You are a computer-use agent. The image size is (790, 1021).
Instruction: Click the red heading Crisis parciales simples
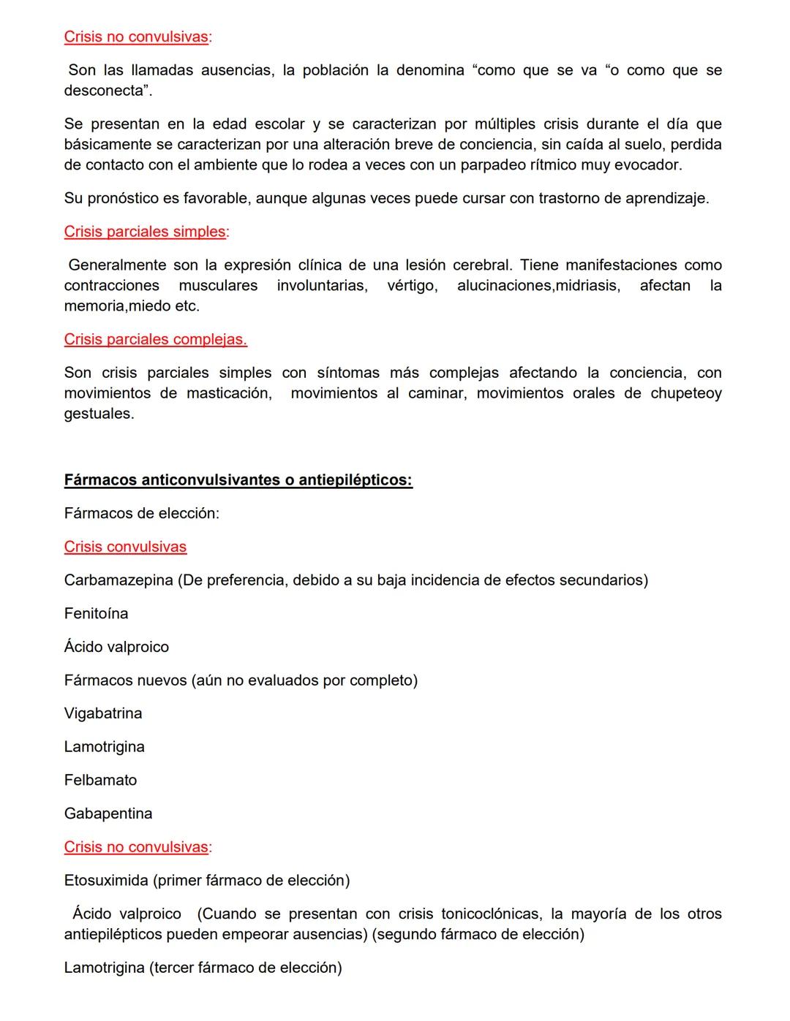(145, 232)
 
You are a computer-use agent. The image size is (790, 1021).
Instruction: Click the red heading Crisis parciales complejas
(155, 339)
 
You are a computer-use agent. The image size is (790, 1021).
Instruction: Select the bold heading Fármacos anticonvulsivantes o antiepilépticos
(238, 480)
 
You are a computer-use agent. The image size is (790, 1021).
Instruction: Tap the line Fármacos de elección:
(141, 513)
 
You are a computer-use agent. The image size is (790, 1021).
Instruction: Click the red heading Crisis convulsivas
(125, 547)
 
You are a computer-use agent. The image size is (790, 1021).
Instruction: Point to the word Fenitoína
(96, 613)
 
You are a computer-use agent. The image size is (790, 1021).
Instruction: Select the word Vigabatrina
(103, 713)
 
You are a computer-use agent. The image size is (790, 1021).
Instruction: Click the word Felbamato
(100, 780)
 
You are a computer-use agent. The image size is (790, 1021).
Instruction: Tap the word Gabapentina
(108, 813)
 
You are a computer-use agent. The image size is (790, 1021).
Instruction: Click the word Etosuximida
(106, 880)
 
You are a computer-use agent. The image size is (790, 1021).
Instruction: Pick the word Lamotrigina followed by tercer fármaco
(104, 968)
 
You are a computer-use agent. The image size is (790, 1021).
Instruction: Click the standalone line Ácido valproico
(116, 647)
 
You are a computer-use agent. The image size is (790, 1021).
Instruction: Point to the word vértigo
(412, 285)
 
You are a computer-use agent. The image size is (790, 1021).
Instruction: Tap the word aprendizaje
(666, 198)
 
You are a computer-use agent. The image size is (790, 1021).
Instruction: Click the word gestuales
(99, 414)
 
